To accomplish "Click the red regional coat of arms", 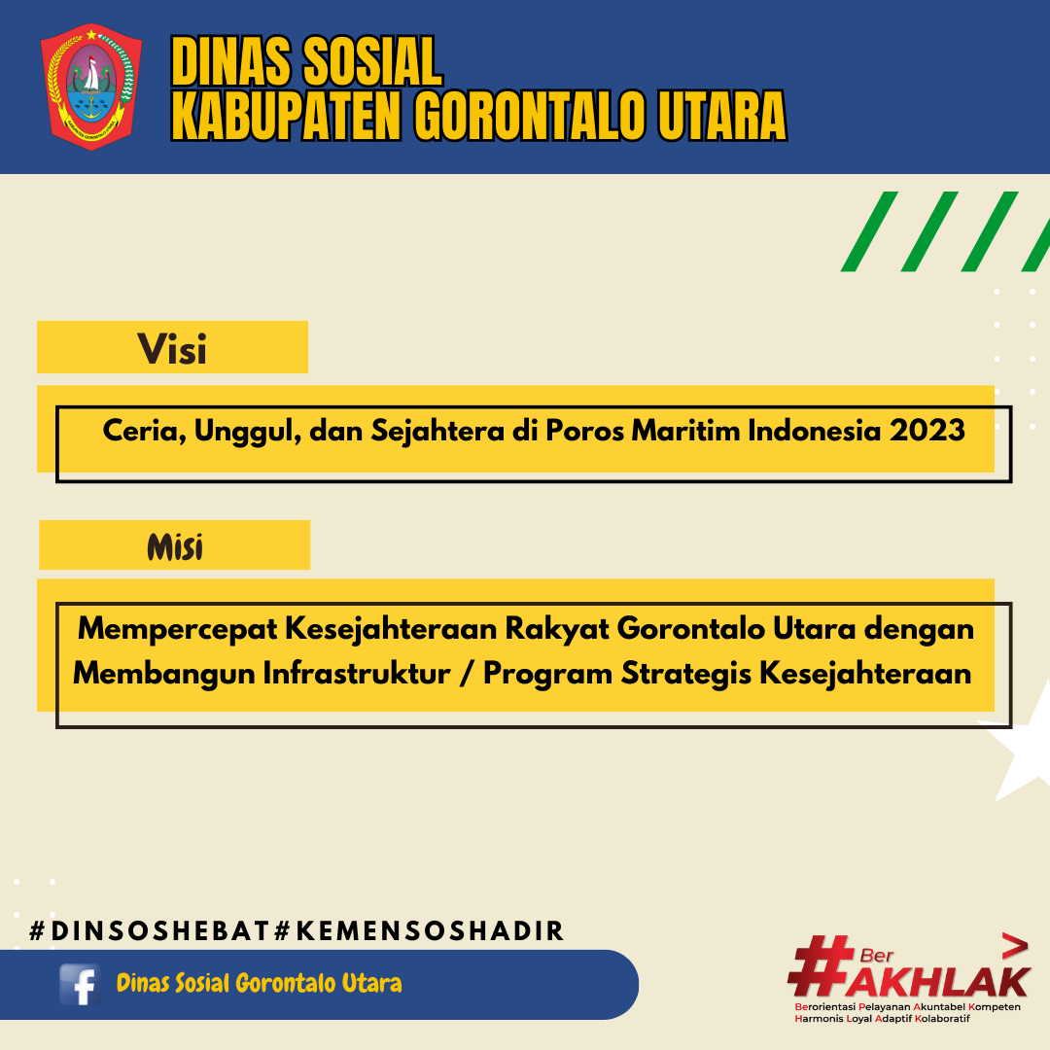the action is coord(91,87).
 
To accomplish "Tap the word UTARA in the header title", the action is coord(722,115).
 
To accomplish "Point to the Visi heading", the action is coord(172,349).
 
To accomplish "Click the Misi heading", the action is coord(175,547).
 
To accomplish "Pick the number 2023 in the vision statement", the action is coord(927,430).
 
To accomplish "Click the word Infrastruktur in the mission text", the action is coord(356,674).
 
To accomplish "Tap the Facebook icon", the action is coord(80,984).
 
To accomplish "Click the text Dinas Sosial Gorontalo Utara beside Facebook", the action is coord(260,983).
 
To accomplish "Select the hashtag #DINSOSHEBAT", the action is coord(150,930).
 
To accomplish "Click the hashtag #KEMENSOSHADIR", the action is coord(419,930).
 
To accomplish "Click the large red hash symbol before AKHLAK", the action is coord(821,966).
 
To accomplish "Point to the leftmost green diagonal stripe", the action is coord(869,231).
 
